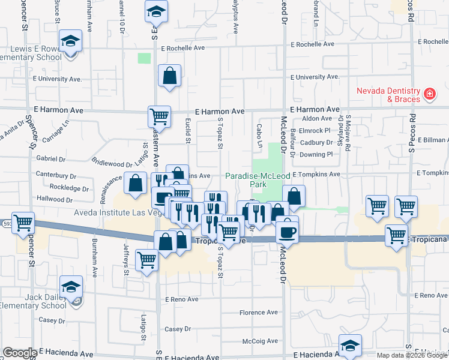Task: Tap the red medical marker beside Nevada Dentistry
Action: (429, 94)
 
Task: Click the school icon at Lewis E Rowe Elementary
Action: (71, 41)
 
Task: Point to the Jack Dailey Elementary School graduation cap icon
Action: (71, 287)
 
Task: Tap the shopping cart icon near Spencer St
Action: (23, 223)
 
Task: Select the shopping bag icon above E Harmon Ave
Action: (170, 76)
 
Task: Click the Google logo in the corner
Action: (20, 353)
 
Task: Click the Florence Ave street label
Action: (259, 313)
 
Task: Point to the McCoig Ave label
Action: (259, 341)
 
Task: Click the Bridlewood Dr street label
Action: (112, 162)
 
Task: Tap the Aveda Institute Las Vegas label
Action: (116, 213)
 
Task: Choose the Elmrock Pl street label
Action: (315, 130)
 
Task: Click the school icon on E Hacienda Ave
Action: (350, 345)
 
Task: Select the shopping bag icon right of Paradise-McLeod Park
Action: (294, 196)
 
